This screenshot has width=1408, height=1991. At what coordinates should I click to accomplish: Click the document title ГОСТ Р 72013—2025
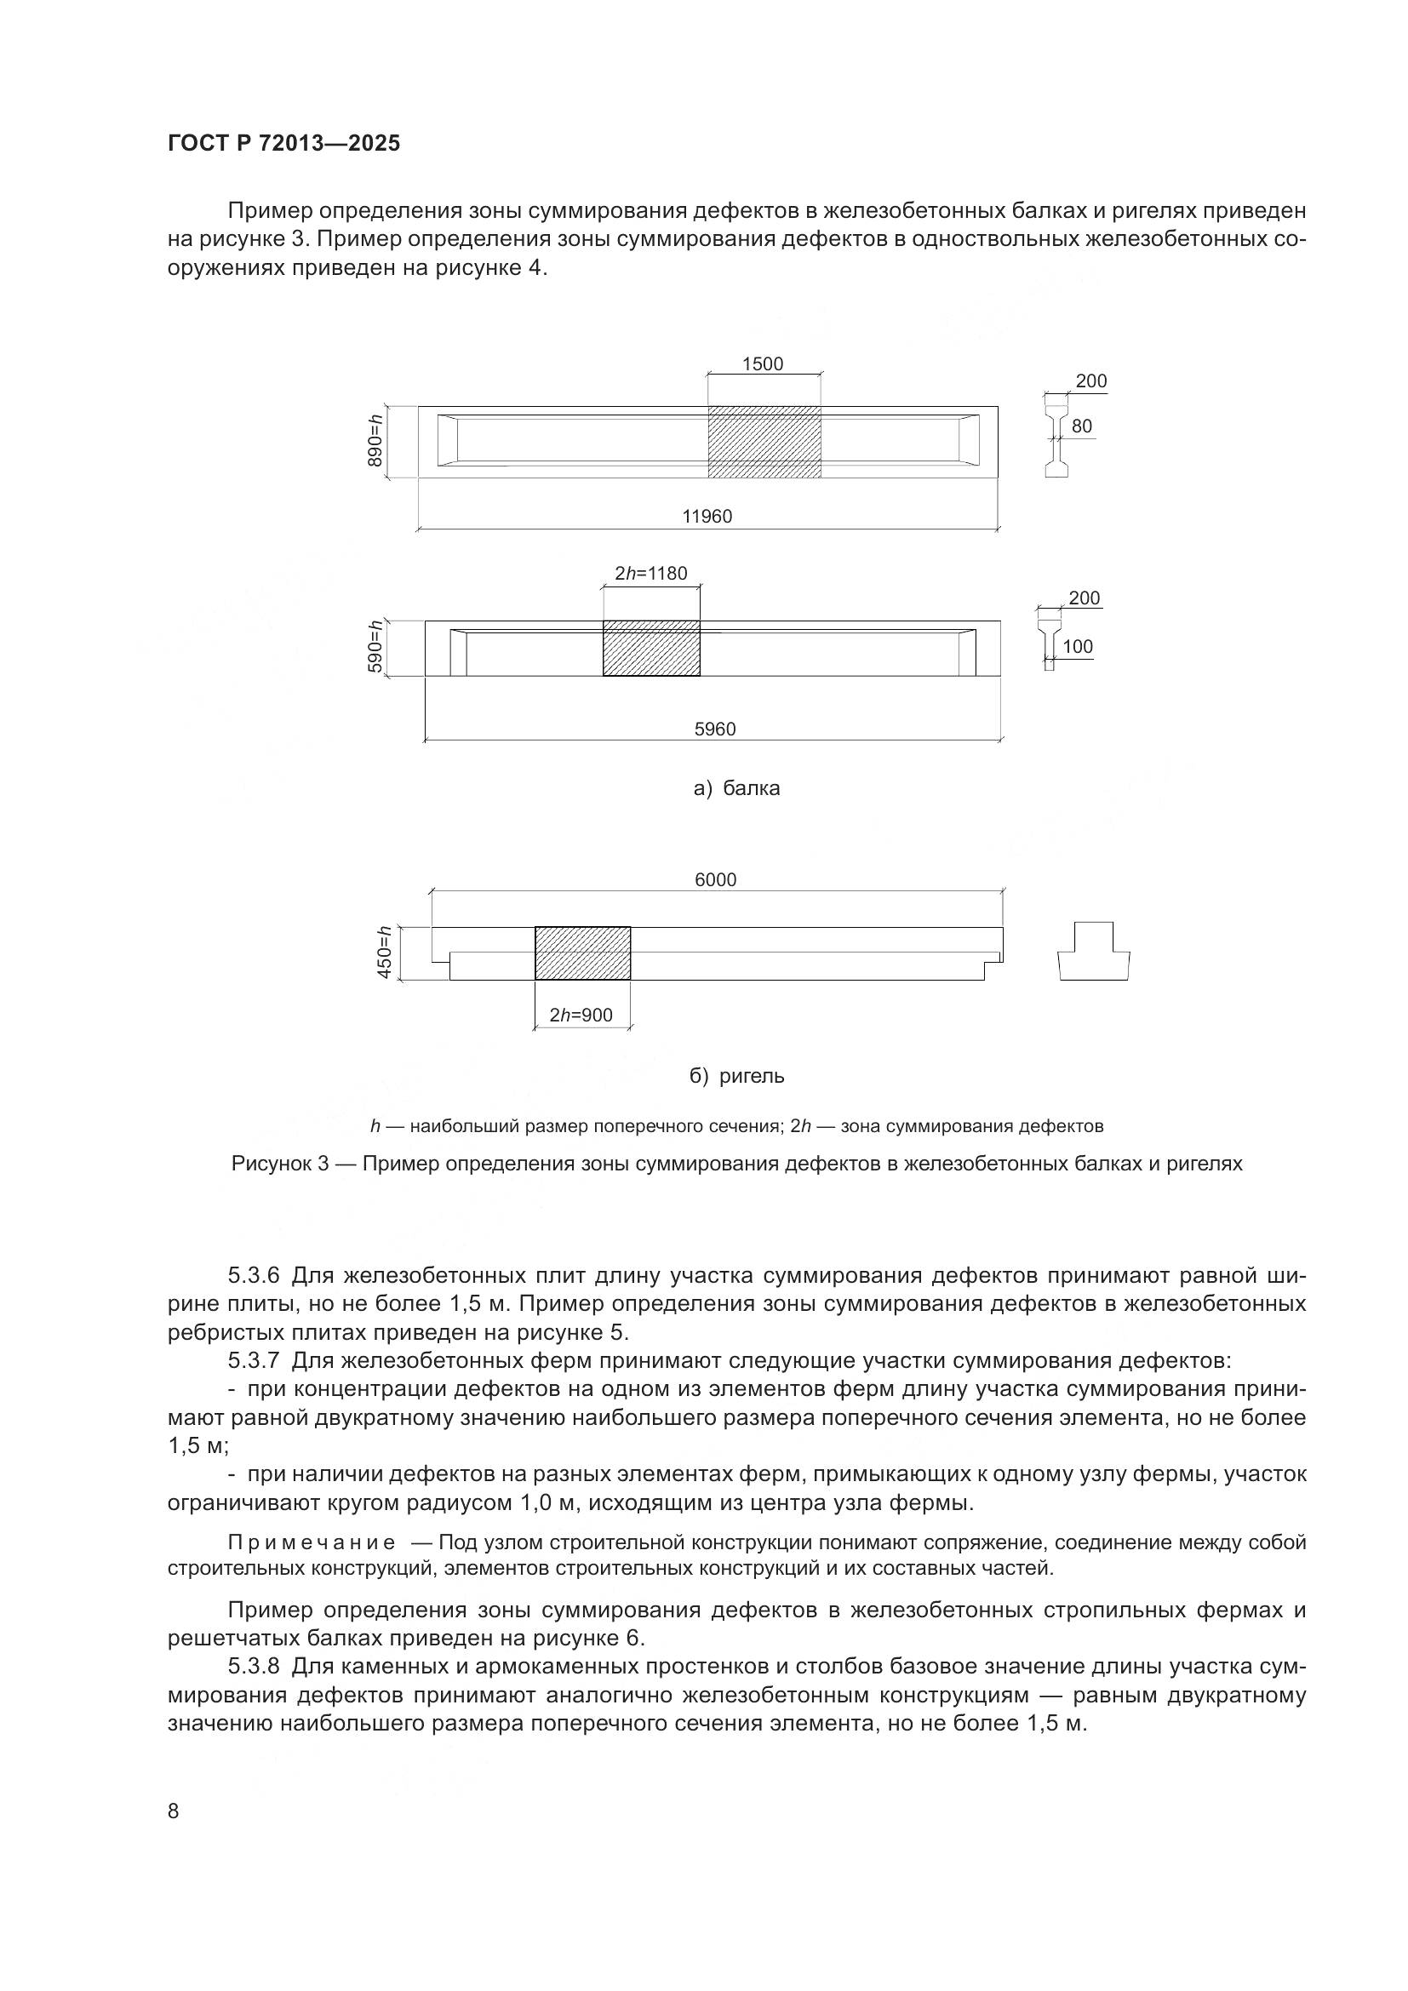pyautogui.click(x=283, y=143)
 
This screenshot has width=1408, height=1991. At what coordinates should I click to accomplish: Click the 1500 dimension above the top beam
pyautogui.click(x=762, y=364)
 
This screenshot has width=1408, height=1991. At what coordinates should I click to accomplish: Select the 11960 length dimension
pyautogui.click(x=707, y=517)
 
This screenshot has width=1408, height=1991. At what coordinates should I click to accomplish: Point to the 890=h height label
pyautogui.click(x=375, y=442)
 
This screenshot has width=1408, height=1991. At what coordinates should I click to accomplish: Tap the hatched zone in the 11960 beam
pyautogui.click(x=764, y=442)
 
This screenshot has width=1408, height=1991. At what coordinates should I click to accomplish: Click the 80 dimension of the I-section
pyautogui.click(x=1081, y=426)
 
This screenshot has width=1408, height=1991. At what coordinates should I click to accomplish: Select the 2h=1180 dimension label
pyautogui.click(x=650, y=573)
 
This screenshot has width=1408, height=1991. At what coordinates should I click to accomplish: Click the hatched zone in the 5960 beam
pyautogui.click(x=651, y=649)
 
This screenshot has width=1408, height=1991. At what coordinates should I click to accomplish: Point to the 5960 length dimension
pyautogui.click(x=714, y=729)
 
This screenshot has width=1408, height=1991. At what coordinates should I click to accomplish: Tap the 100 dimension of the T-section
pyautogui.click(x=1078, y=647)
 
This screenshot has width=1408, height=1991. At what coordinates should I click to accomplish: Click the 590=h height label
pyautogui.click(x=375, y=648)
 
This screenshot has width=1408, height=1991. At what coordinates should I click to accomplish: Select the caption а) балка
pyautogui.click(x=737, y=788)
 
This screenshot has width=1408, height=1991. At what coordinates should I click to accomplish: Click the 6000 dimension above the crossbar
pyautogui.click(x=715, y=880)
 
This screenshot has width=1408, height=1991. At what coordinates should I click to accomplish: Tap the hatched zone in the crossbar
pyautogui.click(x=581, y=953)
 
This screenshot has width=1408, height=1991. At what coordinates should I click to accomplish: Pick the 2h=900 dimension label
pyautogui.click(x=581, y=1015)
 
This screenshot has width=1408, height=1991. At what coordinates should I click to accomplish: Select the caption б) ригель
pyautogui.click(x=737, y=1076)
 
